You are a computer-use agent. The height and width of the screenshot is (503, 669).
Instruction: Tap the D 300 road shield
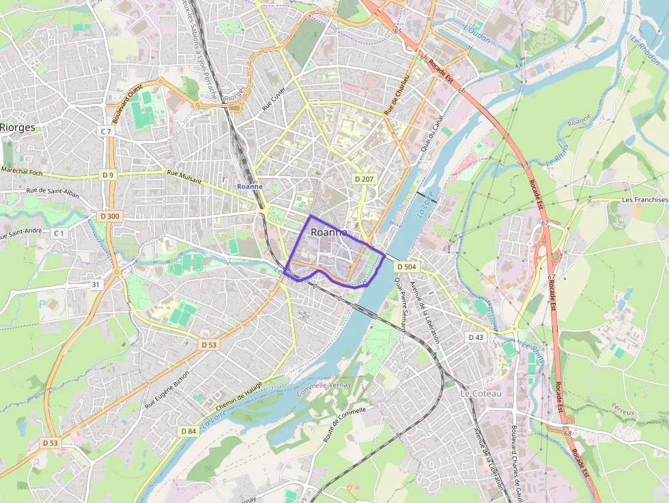109,216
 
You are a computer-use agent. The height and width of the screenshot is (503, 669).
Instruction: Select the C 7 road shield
105,131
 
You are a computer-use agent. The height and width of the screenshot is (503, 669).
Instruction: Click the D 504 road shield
405,266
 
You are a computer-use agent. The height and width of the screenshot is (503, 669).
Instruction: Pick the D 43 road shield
476,337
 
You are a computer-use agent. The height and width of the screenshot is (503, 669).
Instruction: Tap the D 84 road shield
188,431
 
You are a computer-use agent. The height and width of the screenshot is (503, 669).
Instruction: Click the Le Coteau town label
481,394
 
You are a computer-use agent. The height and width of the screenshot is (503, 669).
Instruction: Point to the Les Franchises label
645,200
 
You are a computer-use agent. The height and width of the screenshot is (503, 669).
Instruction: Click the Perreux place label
623,413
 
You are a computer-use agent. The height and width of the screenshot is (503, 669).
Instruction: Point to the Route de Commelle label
345,424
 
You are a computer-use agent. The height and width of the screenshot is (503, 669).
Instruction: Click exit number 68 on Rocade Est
568,433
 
